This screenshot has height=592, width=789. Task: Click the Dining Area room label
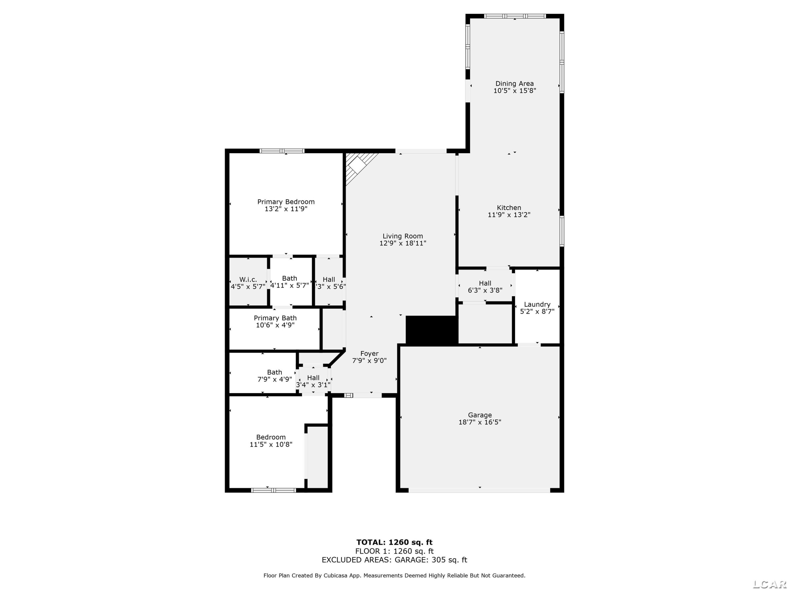click(514, 83)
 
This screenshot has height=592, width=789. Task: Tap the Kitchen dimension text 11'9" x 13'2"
click(509, 215)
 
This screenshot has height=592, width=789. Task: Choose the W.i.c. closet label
click(248, 279)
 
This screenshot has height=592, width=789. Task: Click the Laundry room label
click(537, 304)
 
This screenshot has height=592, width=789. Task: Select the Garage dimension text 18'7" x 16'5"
click(480, 422)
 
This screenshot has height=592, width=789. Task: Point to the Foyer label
click(369, 354)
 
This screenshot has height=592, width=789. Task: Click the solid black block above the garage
click(432, 330)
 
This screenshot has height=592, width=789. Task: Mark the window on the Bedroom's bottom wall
click(274, 490)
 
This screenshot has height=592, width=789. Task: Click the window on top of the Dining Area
click(515, 16)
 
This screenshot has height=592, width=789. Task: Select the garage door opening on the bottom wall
click(479, 490)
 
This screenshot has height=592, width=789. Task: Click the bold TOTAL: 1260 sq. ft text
click(394, 542)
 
